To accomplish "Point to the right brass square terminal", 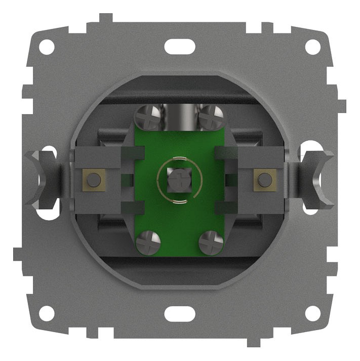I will [264, 179].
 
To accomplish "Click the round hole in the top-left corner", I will [46, 47].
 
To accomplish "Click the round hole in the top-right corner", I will [313, 47].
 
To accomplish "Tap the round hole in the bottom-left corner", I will [46, 313].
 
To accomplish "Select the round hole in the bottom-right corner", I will [313, 313].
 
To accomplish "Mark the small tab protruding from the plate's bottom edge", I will [253, 342].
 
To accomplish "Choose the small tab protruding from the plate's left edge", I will [18, 254].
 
